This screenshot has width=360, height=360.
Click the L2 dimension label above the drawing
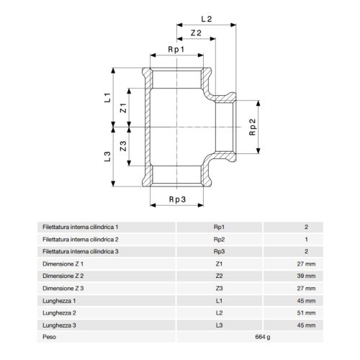[207, 19]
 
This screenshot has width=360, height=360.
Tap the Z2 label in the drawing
[196, 33]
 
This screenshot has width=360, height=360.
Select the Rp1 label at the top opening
[176, 50]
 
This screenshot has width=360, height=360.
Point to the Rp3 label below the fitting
[177, 199]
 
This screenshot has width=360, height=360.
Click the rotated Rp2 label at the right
[253, 127]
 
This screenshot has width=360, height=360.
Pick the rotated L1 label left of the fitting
[108, 98]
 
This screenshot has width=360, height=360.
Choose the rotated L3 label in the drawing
[107, 156]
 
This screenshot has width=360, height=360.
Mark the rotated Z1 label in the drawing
[123, 108]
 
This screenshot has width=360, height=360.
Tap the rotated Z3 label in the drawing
[123, 146]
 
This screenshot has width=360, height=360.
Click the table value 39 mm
[306, 276]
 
